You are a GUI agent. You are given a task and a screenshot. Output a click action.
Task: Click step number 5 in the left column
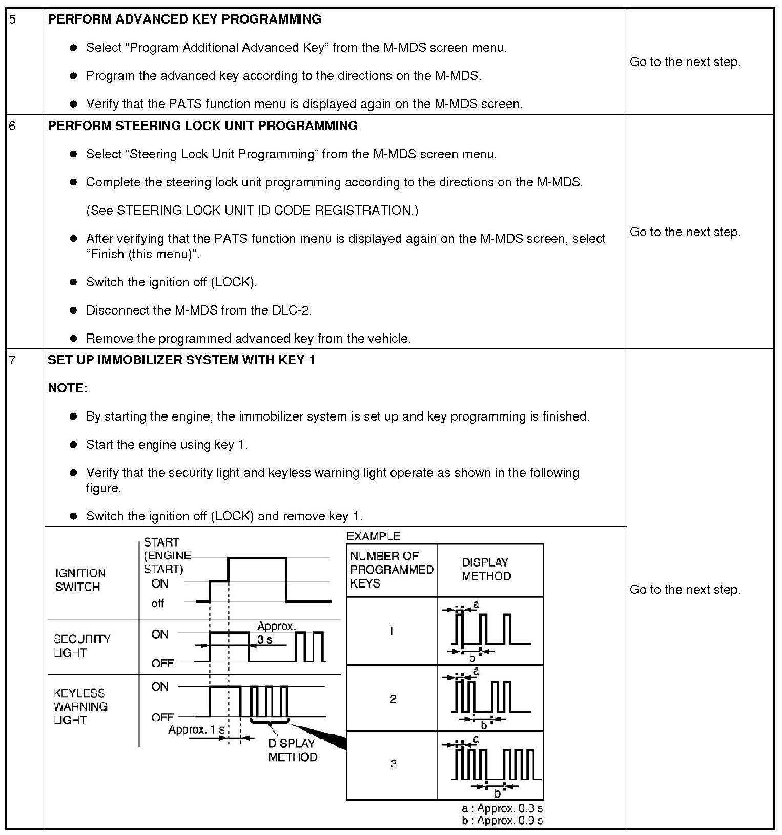click(13, 19)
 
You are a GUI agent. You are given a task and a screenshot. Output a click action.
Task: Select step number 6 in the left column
click(13, 126)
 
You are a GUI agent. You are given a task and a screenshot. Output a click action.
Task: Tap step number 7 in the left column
click(13, 360)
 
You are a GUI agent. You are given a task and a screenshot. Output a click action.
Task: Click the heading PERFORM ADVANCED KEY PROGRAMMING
click(184, 19)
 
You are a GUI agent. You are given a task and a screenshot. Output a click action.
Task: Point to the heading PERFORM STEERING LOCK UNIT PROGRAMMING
click(202, 126)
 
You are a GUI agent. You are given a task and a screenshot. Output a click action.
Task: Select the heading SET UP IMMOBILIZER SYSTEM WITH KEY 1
click(181, 360)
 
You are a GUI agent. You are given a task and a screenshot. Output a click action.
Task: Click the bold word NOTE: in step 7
click(68, 388)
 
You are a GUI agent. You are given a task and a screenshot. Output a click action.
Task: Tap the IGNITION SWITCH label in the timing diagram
click(80, 580)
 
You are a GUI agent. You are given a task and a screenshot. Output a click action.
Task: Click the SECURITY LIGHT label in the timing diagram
click(81, 645)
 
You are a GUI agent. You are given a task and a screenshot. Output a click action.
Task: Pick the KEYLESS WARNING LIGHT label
click(80, 706)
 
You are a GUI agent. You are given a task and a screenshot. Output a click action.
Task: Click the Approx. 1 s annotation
click(197, 729)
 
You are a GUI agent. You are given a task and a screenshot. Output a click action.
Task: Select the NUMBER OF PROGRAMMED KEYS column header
click(392, 570)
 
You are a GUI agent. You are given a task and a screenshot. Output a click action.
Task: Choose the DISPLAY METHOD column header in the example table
click(486, 570)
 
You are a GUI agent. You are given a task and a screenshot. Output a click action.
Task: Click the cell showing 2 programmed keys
click(393, 699)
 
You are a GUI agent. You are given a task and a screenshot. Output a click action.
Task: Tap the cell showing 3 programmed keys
click(393, 764)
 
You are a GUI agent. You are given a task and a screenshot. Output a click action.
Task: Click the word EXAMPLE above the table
click(373, 536)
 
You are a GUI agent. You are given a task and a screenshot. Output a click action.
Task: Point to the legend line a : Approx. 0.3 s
click(502, 808)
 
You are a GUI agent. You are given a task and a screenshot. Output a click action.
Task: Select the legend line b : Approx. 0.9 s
click(502, 820)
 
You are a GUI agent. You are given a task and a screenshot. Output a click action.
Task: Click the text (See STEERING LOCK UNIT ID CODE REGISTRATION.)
click(252, 211)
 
